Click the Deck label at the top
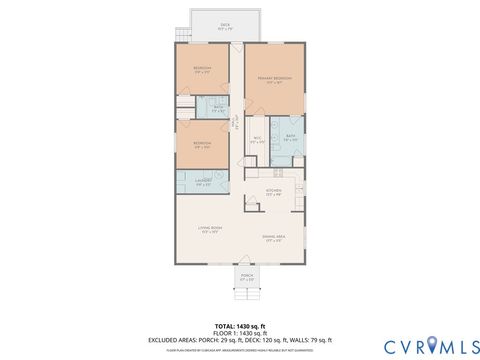point(226,25)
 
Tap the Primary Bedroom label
point(271,78)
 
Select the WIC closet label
point(257,139)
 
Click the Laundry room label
point(203,181)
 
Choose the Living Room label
point(209,231)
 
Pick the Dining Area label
point(274,238)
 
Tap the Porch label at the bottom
point(247,277)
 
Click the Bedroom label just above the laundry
point(203,145)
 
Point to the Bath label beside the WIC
point(289,138)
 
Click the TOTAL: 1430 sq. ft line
point(240,325)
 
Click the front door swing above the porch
point(247,262)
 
